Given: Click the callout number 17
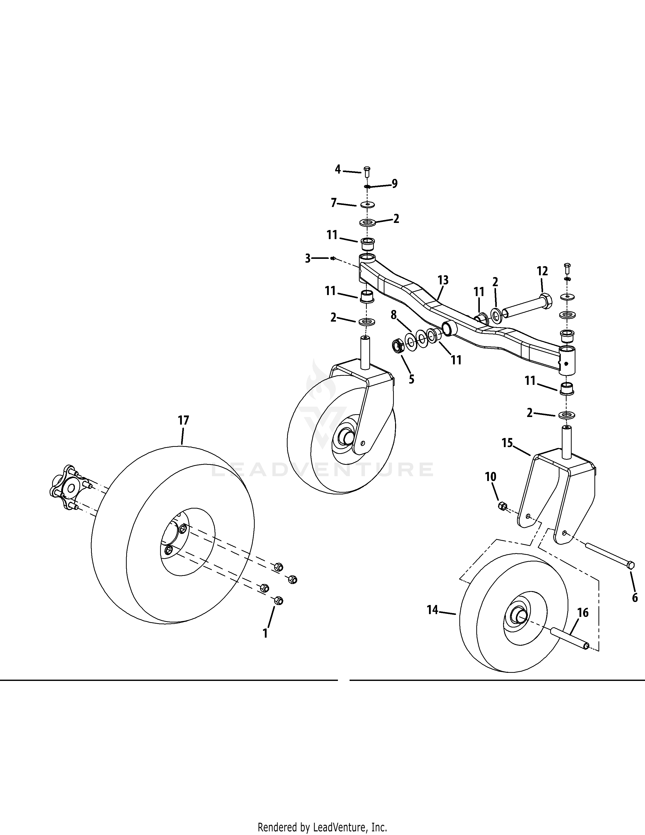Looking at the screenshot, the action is [x=183, y=421].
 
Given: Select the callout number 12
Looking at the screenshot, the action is [x=542, y=271].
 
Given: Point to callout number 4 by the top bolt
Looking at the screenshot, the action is [x=338, y=169].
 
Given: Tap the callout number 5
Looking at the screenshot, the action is [x=411, y=379].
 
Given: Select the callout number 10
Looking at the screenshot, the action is [x=491, y=476].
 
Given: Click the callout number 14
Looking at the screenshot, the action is [x=433, y=610].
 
